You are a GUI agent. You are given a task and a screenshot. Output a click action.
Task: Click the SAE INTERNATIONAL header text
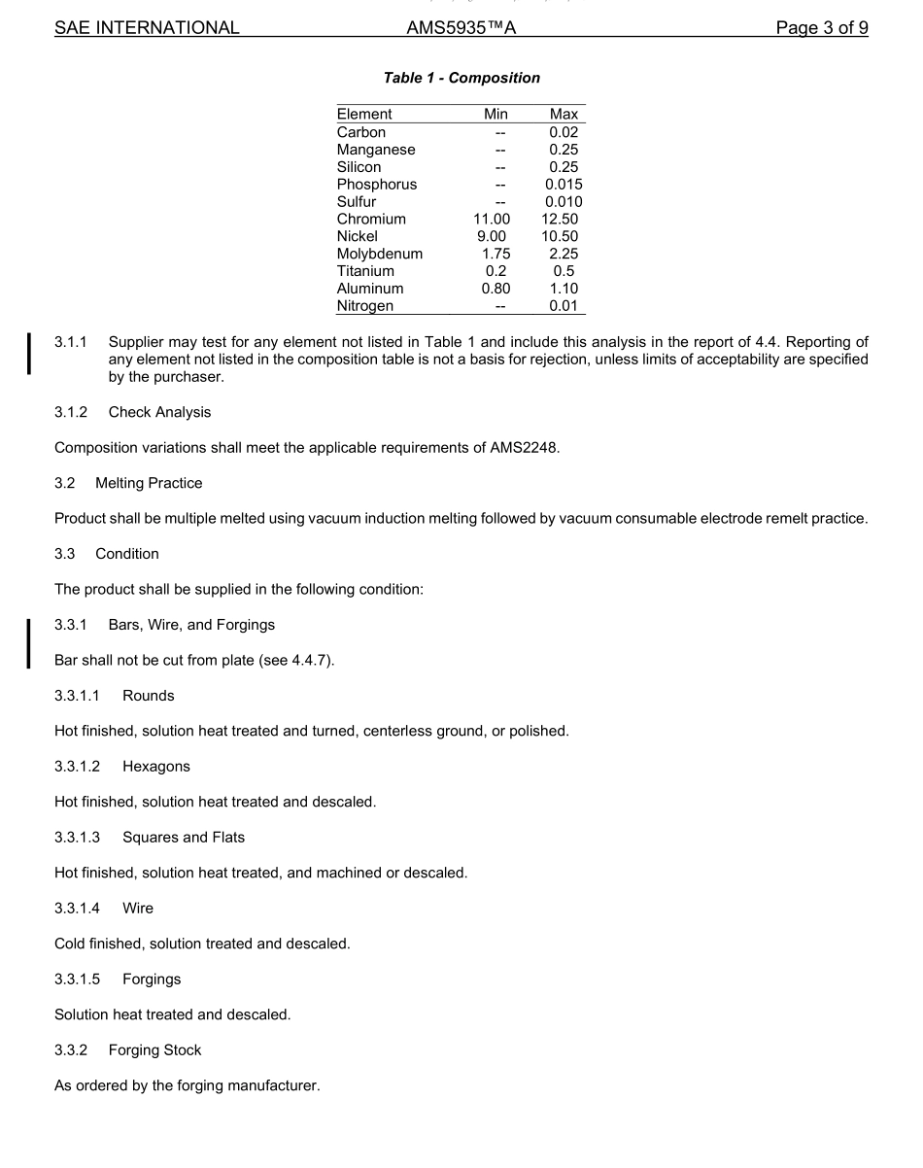[147, 28]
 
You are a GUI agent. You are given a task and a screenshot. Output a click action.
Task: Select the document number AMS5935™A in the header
[461, 28]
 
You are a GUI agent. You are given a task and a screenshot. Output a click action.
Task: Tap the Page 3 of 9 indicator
[821, 28]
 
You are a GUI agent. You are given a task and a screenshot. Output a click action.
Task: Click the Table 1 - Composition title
[461, 78]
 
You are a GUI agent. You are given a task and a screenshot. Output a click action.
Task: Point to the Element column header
[364, 115]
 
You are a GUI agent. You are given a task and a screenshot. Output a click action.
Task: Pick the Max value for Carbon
[564, 132]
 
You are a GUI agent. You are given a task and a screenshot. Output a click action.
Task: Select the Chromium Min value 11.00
[492, 220]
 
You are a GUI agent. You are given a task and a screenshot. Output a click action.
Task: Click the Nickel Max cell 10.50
[560, 236]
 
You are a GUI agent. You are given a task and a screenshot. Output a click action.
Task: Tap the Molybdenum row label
[380, 254]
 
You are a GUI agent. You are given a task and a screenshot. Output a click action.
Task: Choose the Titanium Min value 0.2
[496, 271]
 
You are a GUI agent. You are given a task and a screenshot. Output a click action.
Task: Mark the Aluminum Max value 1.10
[564, 289]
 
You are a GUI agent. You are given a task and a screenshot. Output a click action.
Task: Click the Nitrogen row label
[365, 306]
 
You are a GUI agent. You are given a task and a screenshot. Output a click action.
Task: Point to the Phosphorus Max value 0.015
[564, 185]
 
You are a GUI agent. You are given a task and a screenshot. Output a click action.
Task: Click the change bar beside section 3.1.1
[29, 353]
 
